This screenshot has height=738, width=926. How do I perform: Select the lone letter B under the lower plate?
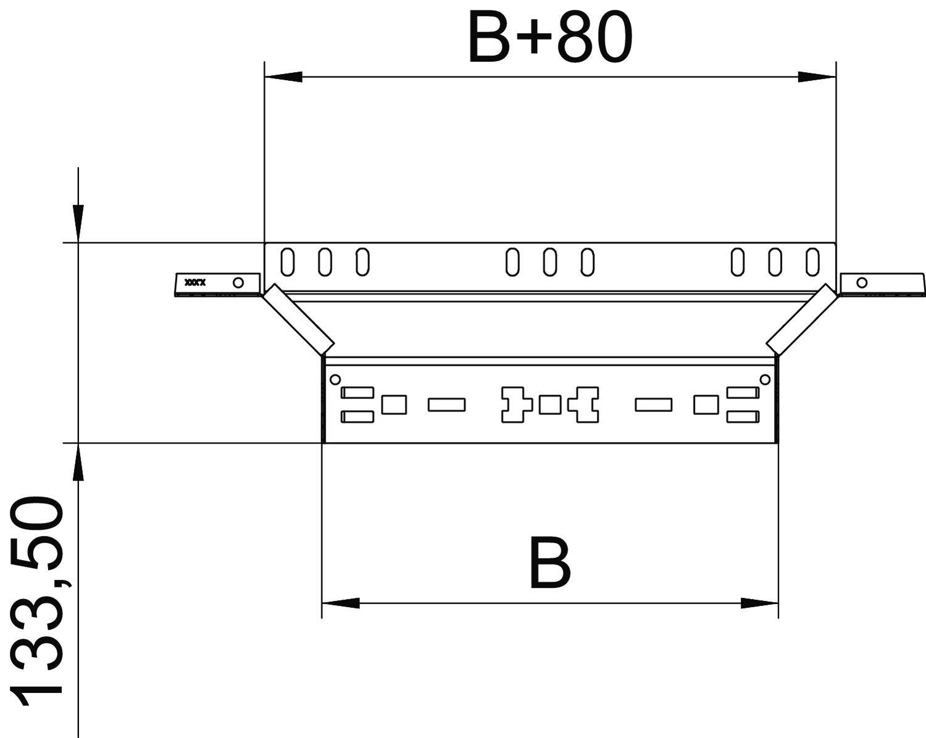pos(549,563)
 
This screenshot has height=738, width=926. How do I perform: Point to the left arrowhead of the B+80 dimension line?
pos(283,77)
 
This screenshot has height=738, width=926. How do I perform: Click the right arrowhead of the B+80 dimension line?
pos(816,77)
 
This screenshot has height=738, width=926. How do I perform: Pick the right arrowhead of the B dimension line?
pos(759,603)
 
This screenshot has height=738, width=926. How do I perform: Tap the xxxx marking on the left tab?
pos(196,283)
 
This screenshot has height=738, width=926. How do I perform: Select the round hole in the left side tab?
pos(238,283)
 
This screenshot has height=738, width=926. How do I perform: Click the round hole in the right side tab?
pos(862,283)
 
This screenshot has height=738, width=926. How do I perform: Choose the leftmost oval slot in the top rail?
pos(287,262)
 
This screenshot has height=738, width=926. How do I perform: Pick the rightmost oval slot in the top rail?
pos(812,262)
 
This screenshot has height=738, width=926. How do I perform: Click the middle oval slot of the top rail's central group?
pos(549,262)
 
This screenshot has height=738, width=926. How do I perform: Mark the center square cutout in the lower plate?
pos(549,405)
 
